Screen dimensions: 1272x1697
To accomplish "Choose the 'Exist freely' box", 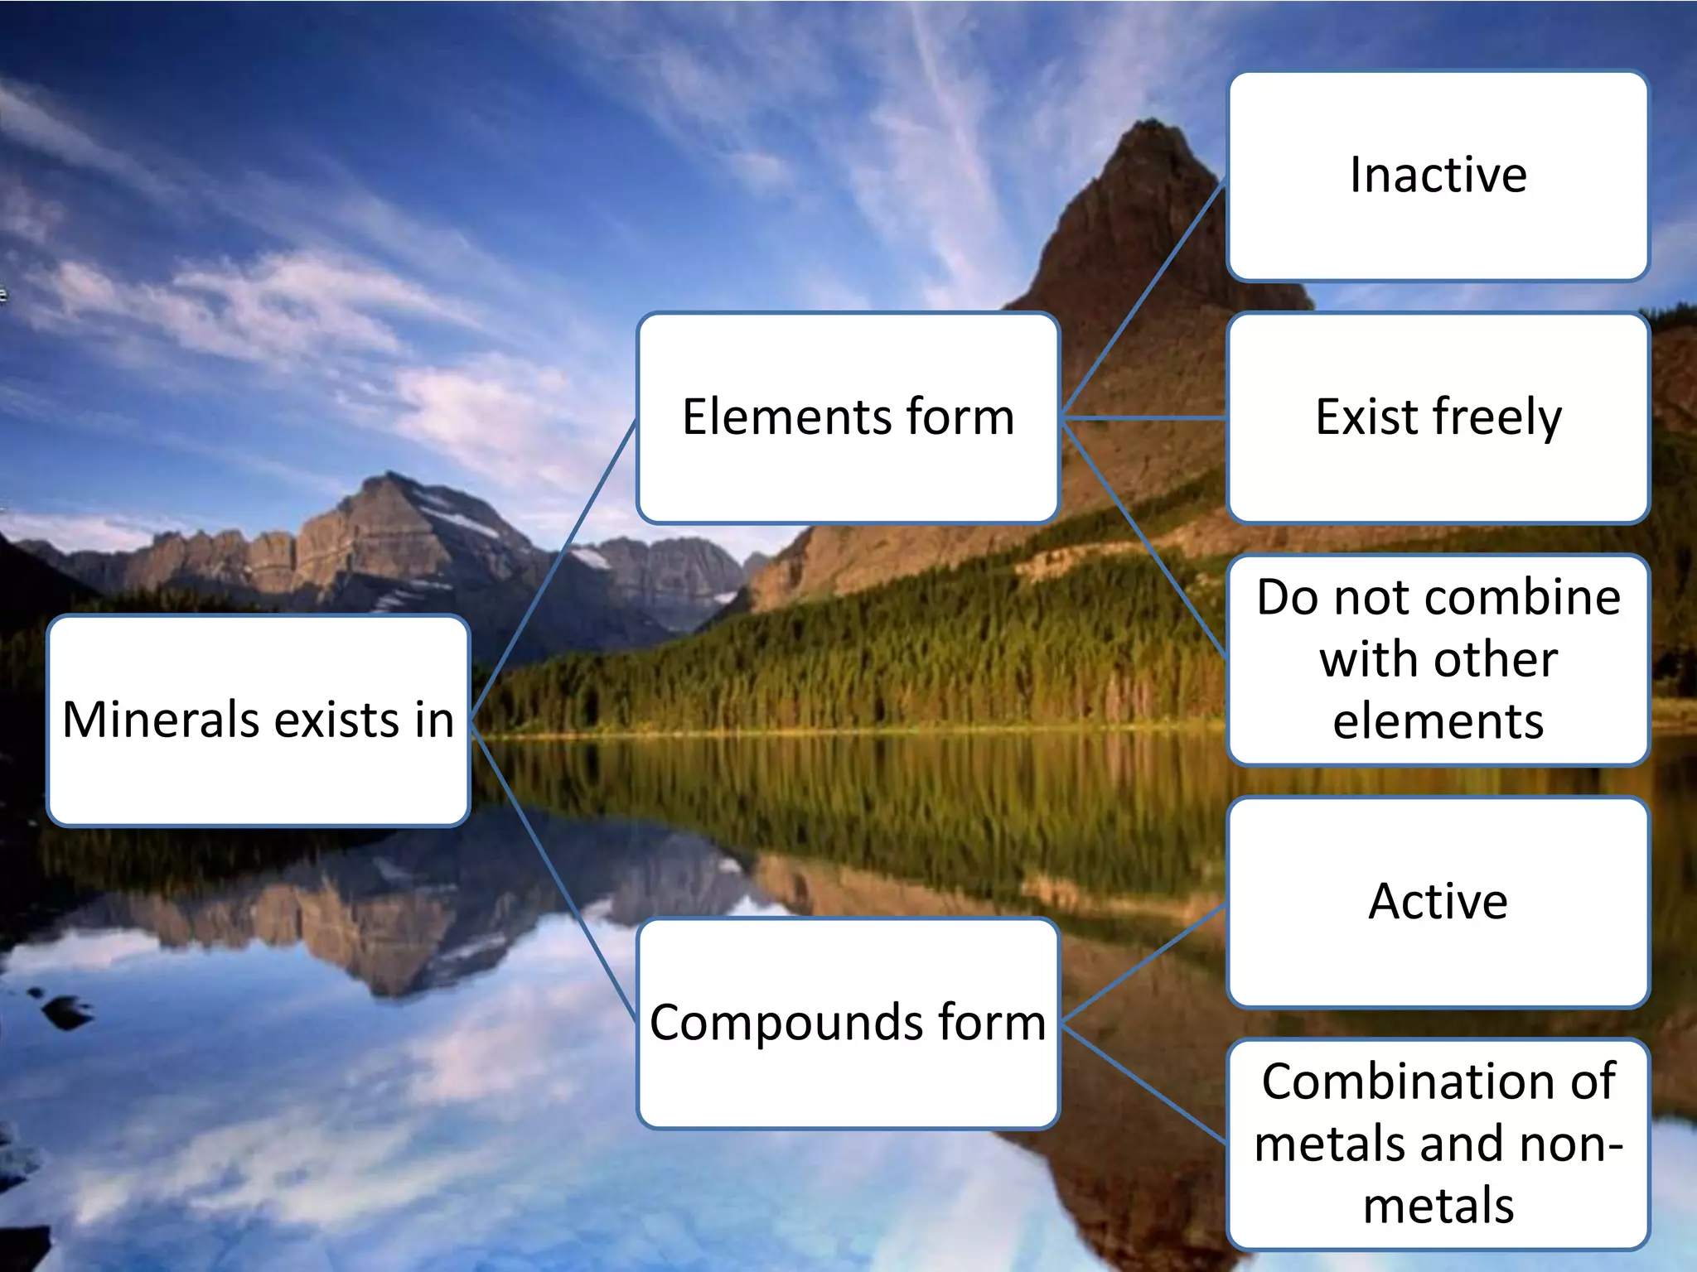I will (1438, 480).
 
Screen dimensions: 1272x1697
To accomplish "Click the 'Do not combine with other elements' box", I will (1438, 658).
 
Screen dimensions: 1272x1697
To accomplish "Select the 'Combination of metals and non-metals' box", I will (1438, 1143).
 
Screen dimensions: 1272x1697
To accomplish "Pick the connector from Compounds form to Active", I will (1143, 963).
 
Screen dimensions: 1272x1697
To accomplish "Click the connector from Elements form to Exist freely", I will (1143, 418).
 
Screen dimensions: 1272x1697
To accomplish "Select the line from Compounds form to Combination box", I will (1143, 1083).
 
